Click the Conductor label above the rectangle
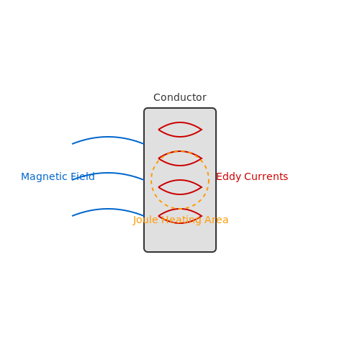pos(180,97)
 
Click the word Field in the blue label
pos(83,176)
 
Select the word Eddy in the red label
pos(228,177)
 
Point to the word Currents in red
pos(266,177)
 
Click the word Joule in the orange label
pos(145,220)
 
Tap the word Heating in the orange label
pos(181,220)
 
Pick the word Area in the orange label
pos(216,220)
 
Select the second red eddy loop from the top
pos(180,166)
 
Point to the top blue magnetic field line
pos(108,137)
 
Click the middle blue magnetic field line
pos(108,173)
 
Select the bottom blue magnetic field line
pos(108,209)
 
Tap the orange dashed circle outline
pos(151,180)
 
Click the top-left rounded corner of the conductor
pos(145,109)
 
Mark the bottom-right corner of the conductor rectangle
pos(215,251)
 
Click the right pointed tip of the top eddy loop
pos(202,130)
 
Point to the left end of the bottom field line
pos(72,216)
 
